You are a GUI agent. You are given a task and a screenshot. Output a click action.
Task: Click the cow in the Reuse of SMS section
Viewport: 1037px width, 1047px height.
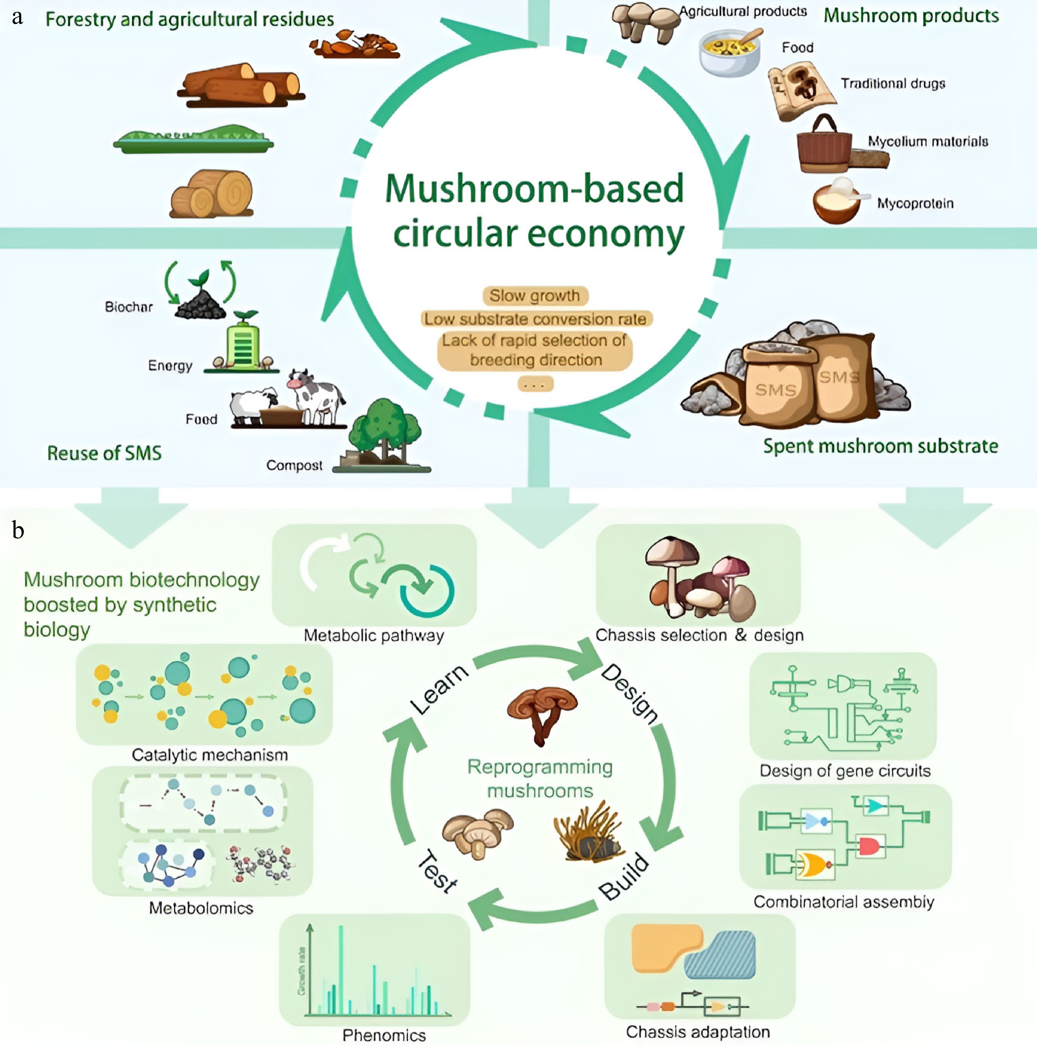click(x=317, y=396)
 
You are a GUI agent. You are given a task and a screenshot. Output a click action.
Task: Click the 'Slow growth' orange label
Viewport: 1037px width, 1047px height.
click(x=535, y=296)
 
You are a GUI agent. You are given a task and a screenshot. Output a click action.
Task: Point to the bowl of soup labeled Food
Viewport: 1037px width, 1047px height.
click(x=729, y=54)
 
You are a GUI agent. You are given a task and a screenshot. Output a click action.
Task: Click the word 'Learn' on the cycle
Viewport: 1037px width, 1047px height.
click(x=439, y=689)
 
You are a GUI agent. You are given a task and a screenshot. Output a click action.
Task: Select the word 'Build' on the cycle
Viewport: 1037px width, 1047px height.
click(x=624, y=877)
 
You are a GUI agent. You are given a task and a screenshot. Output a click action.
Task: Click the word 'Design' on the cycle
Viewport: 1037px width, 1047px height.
click(x=630, y=694)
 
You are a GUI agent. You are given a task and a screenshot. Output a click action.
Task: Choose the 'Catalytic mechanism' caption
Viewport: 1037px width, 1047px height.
click(x=210, y=755)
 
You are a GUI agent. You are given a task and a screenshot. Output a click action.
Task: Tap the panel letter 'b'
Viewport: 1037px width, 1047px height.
click(x=18, y=530)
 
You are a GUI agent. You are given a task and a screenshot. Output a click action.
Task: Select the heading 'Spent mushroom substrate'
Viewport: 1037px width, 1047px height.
click(x=881, y=446)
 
